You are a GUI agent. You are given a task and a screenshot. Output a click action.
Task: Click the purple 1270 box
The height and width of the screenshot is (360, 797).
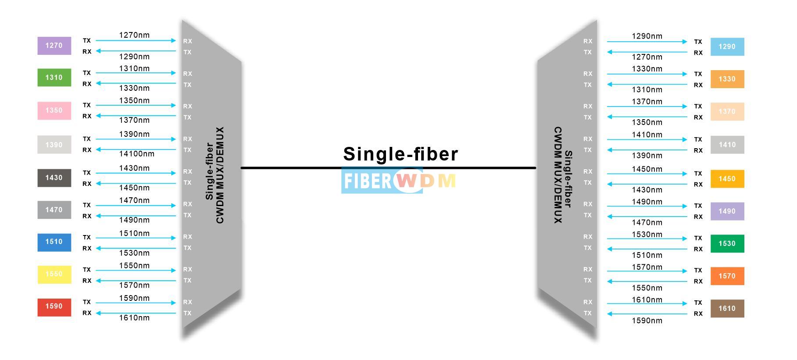54,46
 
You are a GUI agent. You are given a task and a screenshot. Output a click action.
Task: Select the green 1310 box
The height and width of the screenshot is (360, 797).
54,78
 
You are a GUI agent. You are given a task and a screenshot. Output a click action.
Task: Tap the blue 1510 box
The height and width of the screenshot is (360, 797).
54,242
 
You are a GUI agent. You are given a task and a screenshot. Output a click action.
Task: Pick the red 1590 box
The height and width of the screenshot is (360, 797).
54,307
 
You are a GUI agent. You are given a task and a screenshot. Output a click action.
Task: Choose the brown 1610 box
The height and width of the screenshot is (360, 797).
727,309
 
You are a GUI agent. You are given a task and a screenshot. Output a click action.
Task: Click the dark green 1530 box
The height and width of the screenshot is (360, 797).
727,244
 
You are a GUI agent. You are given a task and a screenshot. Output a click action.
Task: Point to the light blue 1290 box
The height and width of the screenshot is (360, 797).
727,47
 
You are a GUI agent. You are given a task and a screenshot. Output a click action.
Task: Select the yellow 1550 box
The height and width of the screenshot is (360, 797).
54,274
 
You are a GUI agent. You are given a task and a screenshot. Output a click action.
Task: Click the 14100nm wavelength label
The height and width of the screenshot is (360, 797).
136,154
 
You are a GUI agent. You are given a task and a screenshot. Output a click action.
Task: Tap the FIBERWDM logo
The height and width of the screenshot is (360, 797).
398,181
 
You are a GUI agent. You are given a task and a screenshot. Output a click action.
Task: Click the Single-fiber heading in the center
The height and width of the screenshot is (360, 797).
400,154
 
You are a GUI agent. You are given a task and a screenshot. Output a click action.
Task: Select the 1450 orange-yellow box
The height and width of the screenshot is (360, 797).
727,179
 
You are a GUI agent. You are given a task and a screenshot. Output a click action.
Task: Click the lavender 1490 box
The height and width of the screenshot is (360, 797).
727,211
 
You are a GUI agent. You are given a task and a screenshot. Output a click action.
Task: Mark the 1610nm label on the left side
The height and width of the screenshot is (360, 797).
134,318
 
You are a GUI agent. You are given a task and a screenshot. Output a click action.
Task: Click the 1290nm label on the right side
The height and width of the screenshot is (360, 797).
647,36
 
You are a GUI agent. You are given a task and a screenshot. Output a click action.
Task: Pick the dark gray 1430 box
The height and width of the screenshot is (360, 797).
54,178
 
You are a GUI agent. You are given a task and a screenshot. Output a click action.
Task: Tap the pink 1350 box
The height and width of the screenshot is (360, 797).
54,110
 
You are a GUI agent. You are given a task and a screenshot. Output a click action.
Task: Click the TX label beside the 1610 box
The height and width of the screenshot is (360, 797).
698,303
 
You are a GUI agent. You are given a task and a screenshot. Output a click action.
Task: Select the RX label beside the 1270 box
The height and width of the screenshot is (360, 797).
87,52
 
